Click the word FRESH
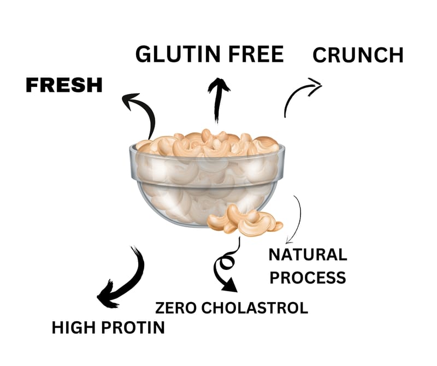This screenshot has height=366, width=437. pos(64,85)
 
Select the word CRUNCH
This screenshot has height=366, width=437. pos(358,55)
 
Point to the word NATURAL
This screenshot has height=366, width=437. pos(308,255)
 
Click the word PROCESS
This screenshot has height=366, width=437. pos(308,277)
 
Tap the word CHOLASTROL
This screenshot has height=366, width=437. pos(255,307)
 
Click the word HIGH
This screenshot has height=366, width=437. pos(73,328)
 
